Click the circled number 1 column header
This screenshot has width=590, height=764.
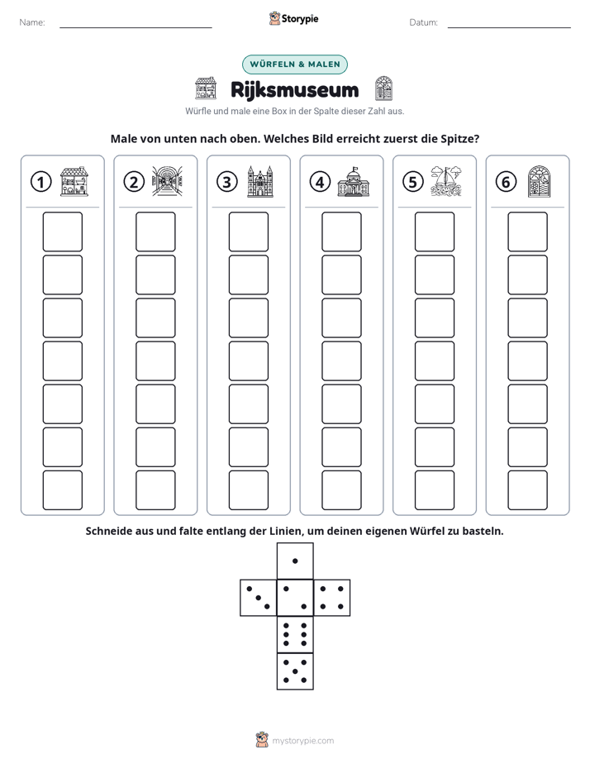40,182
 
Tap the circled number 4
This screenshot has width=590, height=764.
320,182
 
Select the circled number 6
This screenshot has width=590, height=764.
506,182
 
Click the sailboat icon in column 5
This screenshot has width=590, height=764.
446,181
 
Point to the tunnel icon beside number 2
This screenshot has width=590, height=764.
167,181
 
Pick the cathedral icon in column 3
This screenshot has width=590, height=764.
260,181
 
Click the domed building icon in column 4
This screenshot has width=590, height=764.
353,182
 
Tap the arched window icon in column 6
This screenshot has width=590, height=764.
539,181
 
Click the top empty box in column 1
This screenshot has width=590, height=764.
62,232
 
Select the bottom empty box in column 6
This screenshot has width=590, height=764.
527,490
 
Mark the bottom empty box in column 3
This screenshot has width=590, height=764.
248,490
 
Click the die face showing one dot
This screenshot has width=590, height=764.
295,561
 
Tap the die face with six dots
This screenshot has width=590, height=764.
295,634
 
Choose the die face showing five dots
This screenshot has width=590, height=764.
295,671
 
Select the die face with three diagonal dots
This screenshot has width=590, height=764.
259,598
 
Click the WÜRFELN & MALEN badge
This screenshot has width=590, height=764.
295,64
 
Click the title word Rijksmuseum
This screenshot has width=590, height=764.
294,89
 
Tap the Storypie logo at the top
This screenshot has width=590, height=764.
294,18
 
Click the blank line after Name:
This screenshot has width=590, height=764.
136,27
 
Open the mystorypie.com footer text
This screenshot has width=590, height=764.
302,741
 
